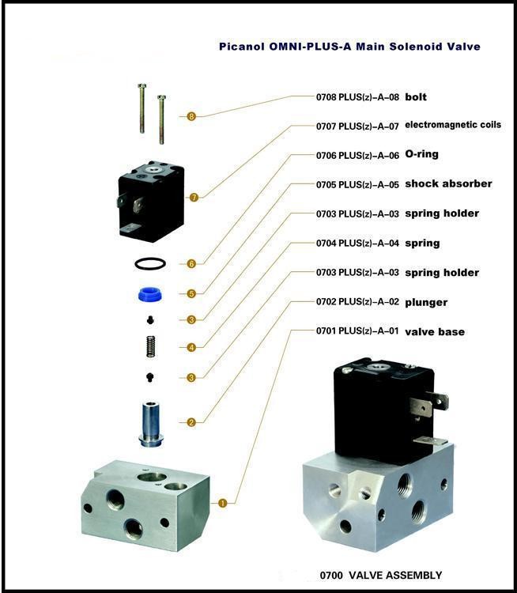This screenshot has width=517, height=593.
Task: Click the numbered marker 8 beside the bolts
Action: (x=191, y=116)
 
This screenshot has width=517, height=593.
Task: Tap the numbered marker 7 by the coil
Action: (x=194, y=197)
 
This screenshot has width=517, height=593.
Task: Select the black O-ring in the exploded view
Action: (x=150, y=263)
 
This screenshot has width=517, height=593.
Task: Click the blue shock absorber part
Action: (x=149, y=295)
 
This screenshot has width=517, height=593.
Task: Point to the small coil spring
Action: (x=151, y=346)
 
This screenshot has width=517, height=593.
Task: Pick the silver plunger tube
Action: (x=151, y=424)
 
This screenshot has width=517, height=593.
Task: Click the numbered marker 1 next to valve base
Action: (x=223, y=503)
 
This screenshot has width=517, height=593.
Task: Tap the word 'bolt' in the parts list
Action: (x=416, y=96)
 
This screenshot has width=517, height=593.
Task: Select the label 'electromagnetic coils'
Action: (x=453, y=125)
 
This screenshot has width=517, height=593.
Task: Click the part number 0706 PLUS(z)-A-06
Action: (x=357, y=156)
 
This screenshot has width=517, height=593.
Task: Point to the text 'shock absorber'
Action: (x=448, y=183)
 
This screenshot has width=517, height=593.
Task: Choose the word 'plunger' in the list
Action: (x=426, y=303)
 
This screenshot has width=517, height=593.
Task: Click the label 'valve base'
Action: (x=435, y=331)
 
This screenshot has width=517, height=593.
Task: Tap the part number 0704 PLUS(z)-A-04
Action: (x=357, y=244)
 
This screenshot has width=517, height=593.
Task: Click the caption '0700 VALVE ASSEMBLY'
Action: (x=381, y=576)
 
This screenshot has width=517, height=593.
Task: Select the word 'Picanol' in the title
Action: (x=242, y=47)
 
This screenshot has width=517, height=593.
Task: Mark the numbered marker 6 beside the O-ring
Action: (x=191, y=263)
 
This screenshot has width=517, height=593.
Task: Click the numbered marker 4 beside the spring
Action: (x=191, y=347)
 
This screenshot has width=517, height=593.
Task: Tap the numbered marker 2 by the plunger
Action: (x=191, y=422)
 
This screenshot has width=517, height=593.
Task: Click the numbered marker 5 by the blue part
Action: (x=191, y=293)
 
